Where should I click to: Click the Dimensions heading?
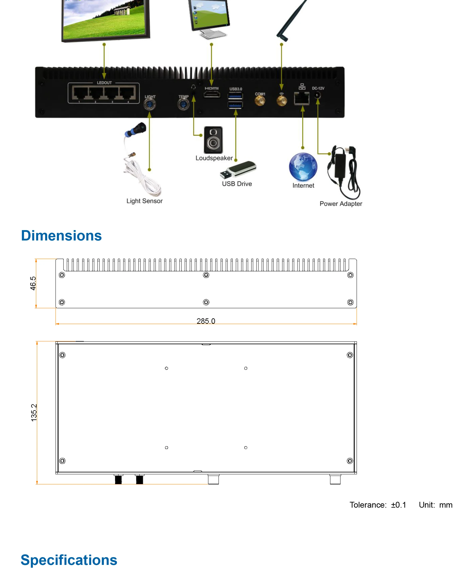pyautogui.click(x=61, y=236)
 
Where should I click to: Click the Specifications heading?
pyautogui.click(x=69, y=560)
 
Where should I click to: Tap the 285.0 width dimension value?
pyautogui.click(x=206, y=321)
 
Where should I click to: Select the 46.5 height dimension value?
pyautogui.click(x=33, y=283)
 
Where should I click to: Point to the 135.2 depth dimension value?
pyautogui.click(x=34, y=412)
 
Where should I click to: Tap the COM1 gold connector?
pyautogui.click(x=260, y=102)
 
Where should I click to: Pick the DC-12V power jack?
pyautogui.click(x=317, y=95)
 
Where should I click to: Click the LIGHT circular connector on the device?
pyautogui.click(x=150, y=105)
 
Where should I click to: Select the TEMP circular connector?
pyautogui.click(x=183, y=105)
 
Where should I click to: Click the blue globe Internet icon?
pyautogui.click(x=303, y=167)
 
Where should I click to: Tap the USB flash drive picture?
pyautogui.click(x=238, y=169)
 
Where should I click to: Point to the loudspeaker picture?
pyautogui.click(x=213, y=140)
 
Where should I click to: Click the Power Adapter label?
pyautogui.click(x=341, y=204)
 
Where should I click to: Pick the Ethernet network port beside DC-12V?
pyautogui.click(x=302, y=98)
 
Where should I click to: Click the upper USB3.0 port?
pyautogui.click(x=235, y=96)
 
